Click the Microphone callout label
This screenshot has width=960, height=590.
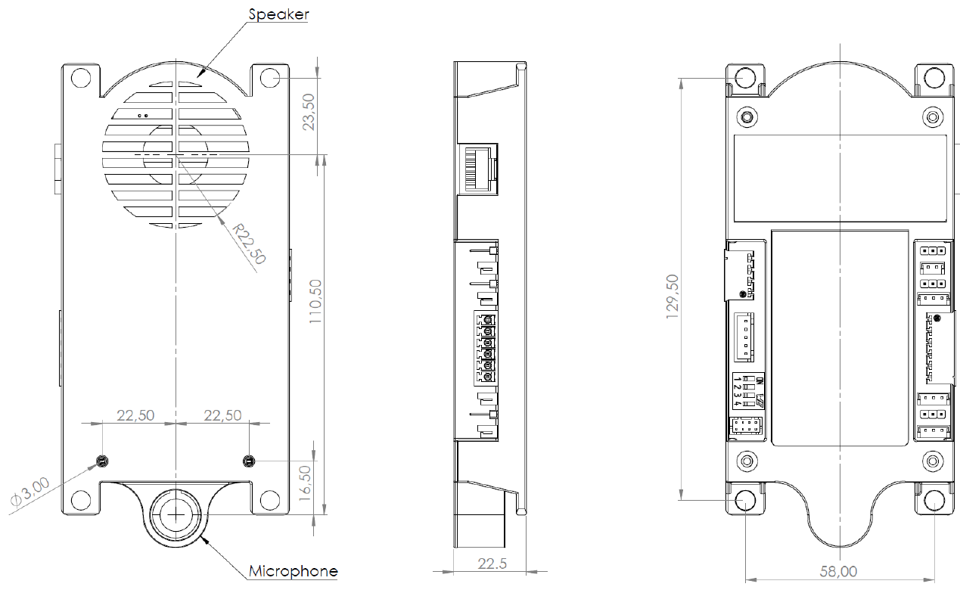point(294,571)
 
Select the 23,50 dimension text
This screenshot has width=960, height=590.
point(309,112)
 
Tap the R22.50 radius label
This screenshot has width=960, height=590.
point(249,243)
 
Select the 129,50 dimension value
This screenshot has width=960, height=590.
point(673,297)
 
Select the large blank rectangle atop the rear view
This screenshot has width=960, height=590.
point(840,177)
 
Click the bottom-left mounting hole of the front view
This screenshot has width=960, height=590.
point(79,500)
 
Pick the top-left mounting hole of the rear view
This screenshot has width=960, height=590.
point(746,77)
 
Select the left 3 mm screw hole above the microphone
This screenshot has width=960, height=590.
point(102,461)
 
